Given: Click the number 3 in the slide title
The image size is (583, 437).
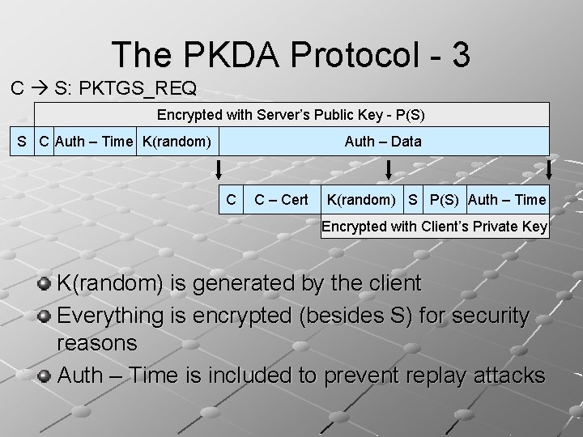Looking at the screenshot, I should [x=455, y=54].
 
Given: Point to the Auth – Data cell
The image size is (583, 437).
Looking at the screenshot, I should [x=383, y=142].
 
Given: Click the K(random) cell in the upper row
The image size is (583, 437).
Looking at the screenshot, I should [x=177, y=142].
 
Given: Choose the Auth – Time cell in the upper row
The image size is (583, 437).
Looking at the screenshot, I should [x=96, y=142].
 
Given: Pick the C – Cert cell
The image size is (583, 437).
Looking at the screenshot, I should [x=281, y=199].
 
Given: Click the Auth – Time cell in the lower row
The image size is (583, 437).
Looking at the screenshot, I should [x=508, y=199].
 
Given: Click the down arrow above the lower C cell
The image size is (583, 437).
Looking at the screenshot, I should [x=218, y=171].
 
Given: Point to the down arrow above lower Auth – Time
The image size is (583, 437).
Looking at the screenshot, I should [x=550, y=171].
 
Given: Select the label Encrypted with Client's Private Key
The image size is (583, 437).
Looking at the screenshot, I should [x=434, y=227].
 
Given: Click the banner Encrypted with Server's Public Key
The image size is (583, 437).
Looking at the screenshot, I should [x=291, y=115].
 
